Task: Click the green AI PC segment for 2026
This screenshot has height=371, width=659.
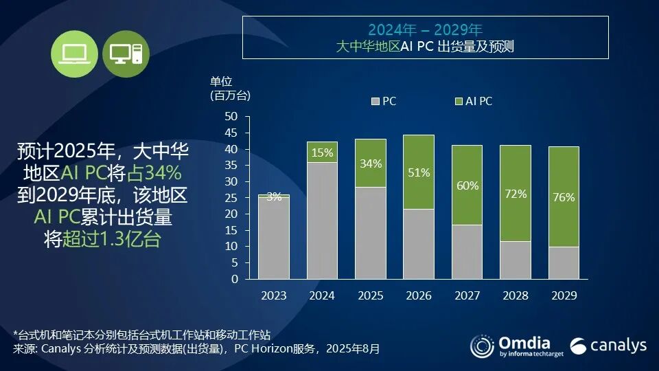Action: (x=418, y=172)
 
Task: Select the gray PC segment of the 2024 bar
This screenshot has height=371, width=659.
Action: (x=322, y=221)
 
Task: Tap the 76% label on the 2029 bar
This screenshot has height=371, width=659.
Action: (x=564, y=197)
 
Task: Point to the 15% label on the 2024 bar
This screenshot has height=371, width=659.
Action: (x=322, y=152)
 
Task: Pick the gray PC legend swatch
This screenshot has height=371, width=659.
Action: (x=375, y=102)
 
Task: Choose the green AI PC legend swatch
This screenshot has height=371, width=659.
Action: (x=459, y=102)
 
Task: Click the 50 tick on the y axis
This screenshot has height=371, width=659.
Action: (x=231, y=116)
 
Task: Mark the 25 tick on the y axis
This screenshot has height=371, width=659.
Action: (x=231, y=198)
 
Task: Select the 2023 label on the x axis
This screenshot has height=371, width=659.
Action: (x=273, y=295)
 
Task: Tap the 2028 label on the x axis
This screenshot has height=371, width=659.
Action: (x=516, y=295)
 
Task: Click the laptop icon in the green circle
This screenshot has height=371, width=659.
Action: (x=73, y=54)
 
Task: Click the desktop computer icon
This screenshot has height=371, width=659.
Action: (x=126, y=54)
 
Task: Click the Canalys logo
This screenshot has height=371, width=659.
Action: (x=608, y=345)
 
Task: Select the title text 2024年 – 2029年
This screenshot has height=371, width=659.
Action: (x=425, y=30)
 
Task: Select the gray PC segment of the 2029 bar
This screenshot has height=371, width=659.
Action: (x=564, y=262)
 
